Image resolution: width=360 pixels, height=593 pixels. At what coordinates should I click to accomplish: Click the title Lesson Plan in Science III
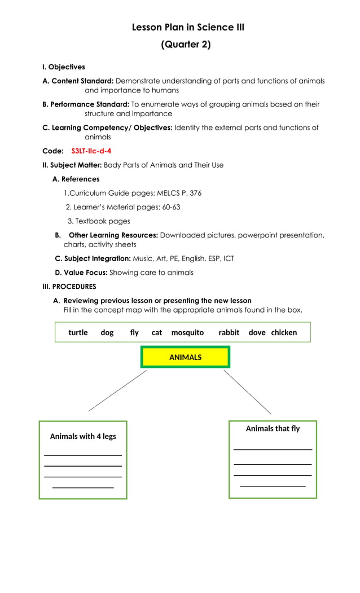click(188, 27)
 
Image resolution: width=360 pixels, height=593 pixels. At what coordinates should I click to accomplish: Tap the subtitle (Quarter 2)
click(186, 45)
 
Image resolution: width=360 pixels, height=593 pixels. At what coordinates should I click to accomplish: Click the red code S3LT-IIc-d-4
click(91, 151)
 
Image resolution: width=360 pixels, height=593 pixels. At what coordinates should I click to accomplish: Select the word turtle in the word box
click(78, 332)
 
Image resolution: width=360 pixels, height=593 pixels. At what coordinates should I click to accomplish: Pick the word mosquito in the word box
click(187, 332)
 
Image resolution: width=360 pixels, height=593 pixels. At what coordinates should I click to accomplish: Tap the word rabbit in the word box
click(229, 332)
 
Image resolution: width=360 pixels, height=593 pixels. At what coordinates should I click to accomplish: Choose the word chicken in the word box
click(284, 332)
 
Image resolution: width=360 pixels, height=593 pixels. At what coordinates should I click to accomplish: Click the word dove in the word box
click(257, 332)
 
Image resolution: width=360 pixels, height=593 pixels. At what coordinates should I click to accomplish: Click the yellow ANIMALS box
click(185, 357)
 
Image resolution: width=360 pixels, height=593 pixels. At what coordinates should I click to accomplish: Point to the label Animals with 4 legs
click(83, 436)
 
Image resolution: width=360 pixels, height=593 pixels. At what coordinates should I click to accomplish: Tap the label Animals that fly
click(273, 429)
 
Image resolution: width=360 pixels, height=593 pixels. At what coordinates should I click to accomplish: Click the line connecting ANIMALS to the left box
click(117, 390)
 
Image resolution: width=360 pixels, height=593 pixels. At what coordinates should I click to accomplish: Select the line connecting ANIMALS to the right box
click(247, 392)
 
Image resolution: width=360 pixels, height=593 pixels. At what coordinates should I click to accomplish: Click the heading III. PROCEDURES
click(69, 287)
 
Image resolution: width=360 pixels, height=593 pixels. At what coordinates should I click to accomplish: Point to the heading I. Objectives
click(64, 67)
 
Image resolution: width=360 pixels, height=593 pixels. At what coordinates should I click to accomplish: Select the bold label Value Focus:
click(81, 273)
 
